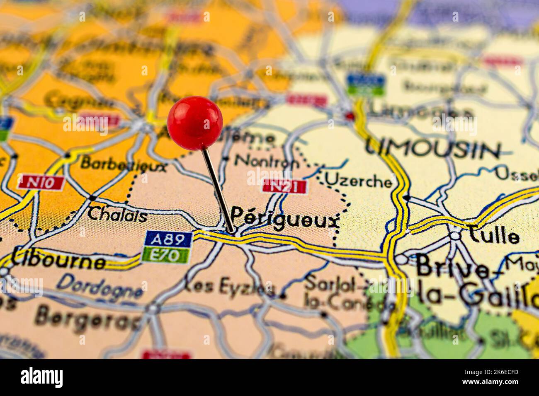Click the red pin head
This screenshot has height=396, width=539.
[195, 123]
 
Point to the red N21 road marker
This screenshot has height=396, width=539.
[284, 186]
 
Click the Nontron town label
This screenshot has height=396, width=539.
[267, 161]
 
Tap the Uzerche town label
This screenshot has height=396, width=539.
[358, 181]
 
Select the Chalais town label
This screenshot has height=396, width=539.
[117, 215]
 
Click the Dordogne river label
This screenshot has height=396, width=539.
[100, 286]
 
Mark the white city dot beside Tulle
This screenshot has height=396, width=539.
[455, 235]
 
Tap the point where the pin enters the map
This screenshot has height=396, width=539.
[231, 230]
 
